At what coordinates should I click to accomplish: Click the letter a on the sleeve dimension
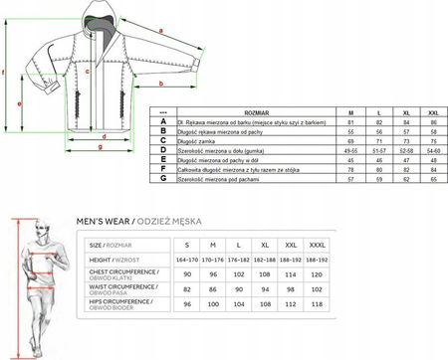pos(159,29)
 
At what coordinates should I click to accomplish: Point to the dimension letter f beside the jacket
pos(5,73)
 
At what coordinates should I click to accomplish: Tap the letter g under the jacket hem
pos(101,147)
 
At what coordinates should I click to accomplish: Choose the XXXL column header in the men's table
pos(318,244)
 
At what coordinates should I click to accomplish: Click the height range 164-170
pos(186,260)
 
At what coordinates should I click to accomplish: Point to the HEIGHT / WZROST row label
pos(111,260)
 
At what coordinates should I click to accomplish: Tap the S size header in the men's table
pos(186,244)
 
